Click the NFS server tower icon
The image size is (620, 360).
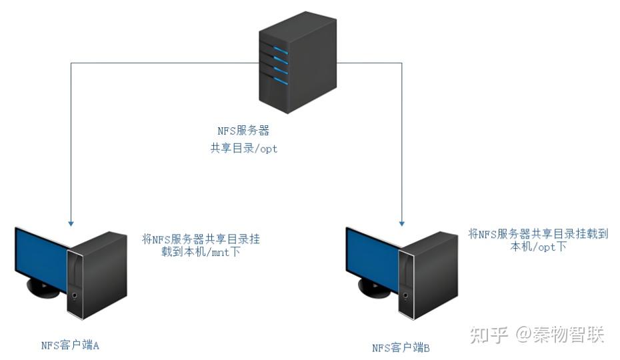(x=297, y=63)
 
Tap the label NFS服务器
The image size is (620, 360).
(x=243, y=131)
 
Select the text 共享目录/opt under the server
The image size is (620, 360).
(x=243, y=149)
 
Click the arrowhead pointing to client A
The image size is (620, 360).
(x=71, y=223)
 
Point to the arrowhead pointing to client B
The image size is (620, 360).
(x=402, y=223)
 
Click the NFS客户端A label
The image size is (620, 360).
(x=70, y=345)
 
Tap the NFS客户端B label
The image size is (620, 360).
(x=401, y=348)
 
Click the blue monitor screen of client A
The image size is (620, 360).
(x=42, y=257)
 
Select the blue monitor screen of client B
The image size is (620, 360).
(x=373, y=257)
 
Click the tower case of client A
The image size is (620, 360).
(x=97, y=275)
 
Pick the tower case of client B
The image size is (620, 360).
(x=428, y=275)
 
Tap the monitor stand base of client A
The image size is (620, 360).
(x=42, y=288)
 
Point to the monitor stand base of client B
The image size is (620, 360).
(x=373, y=288)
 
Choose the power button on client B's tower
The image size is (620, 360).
(x=406, y=295)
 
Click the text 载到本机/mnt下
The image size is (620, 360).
(x=201, y=251)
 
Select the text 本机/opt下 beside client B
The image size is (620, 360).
(x=538, y=247)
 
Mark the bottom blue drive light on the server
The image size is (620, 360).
(x=280, y=81)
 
